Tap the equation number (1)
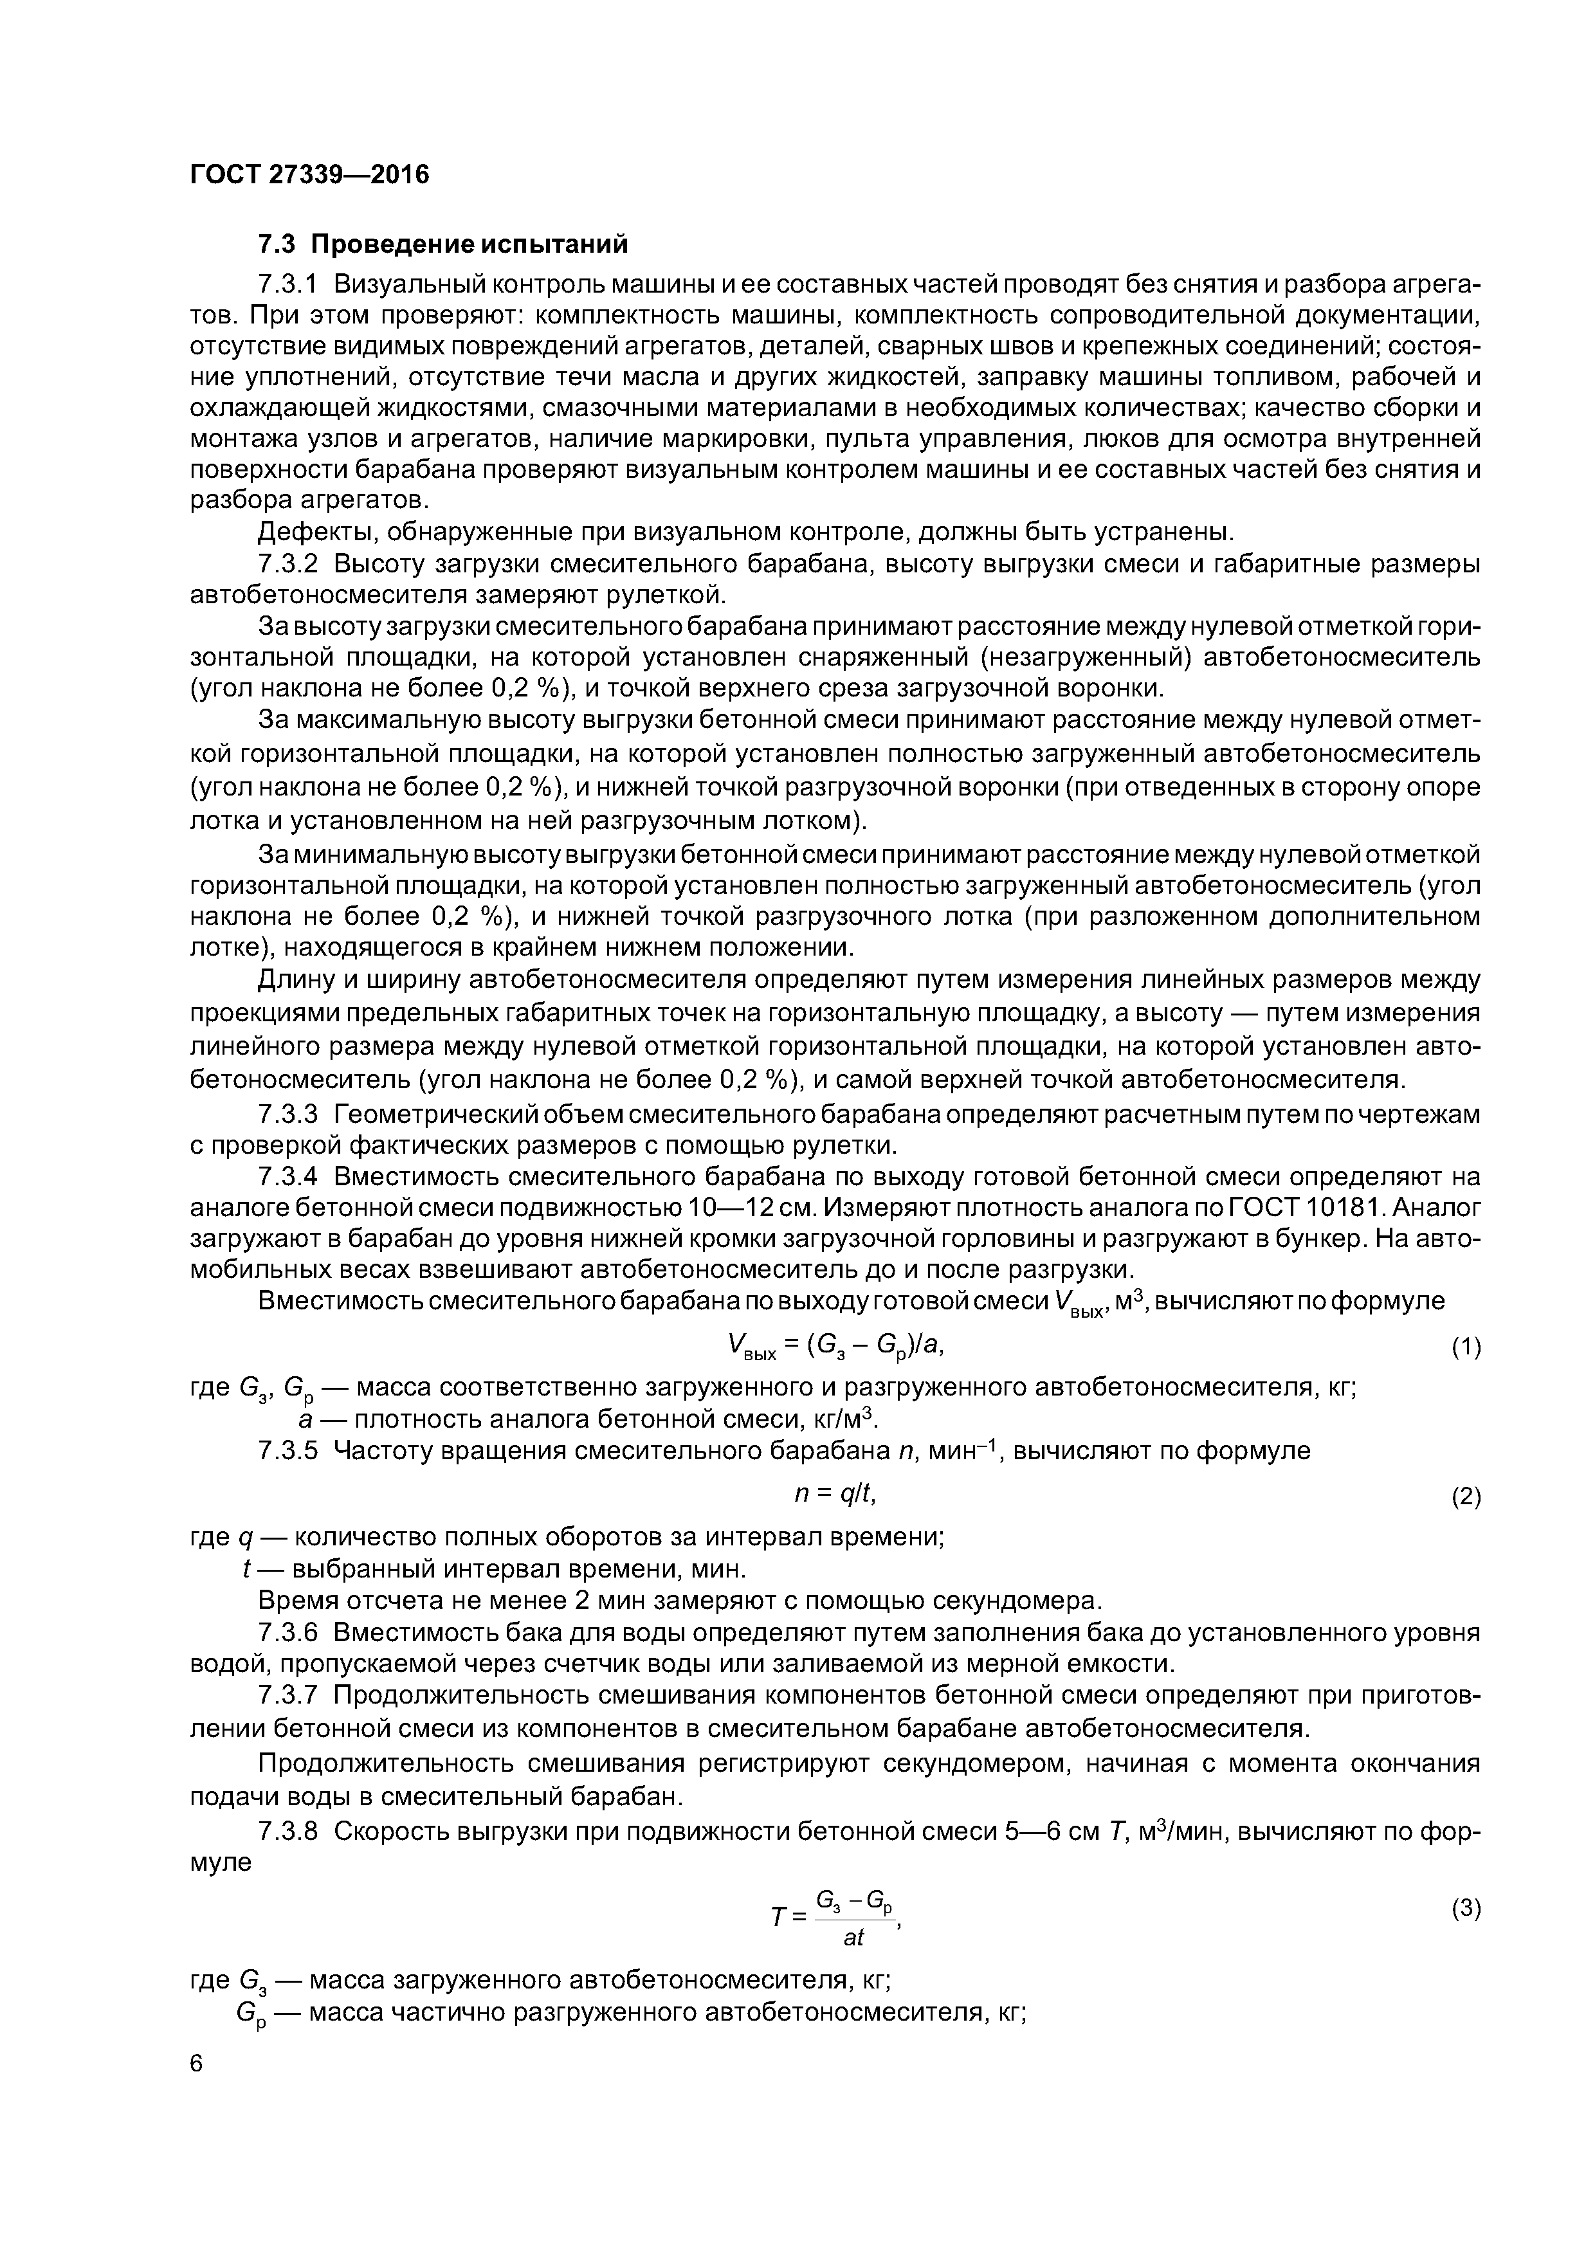tap(1465, 1348)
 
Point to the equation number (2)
tap(1465, 1497)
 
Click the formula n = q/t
tap(834, 1493)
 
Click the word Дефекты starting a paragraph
tap(313, 532)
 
